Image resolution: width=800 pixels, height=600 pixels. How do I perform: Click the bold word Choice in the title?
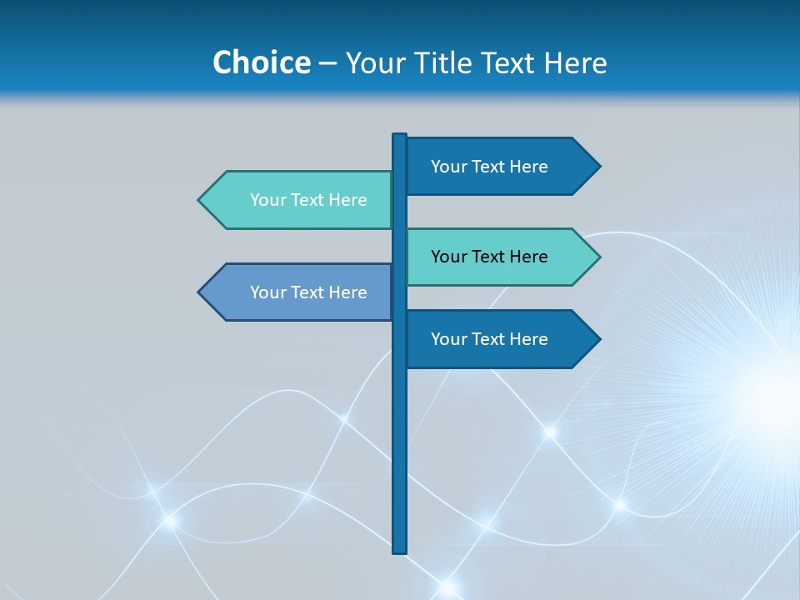pyautogui.click(x=261, y=62)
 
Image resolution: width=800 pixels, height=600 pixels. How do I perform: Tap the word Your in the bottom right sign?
pyautogui.click(x=448, y=339)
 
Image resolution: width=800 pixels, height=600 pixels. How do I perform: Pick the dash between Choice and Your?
pyautogui.click(x=327, y=63)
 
